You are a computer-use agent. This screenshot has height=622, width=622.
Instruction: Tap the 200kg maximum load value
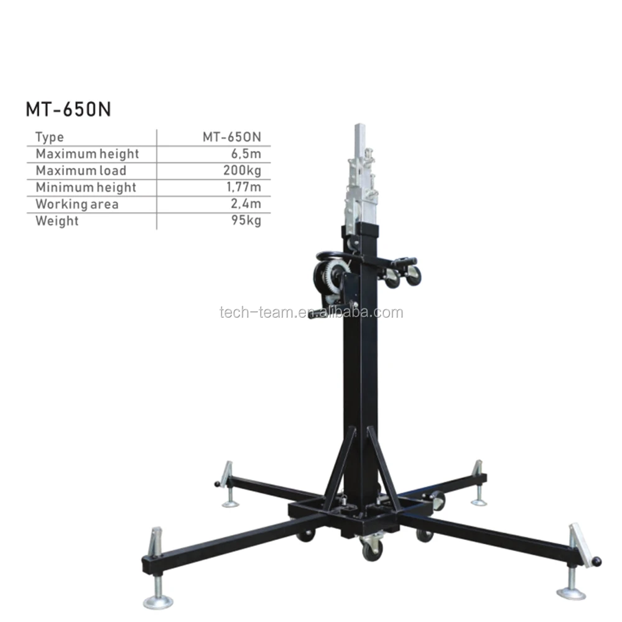click(x=243, y=170)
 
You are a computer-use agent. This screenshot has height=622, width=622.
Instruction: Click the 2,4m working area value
click(x=247, y=204)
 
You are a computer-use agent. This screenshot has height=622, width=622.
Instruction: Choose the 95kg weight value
click(x=246, y=221)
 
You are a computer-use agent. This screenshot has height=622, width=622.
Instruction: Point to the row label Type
click(x=49, y=137)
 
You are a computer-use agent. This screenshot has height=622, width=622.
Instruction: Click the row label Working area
click(x=77, y=204)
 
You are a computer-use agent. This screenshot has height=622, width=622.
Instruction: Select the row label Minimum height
click(x=85, y=187)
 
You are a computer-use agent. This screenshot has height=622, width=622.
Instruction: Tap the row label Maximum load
click(x=81, y=170)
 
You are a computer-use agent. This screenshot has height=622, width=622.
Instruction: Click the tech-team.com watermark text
click(x=311, y=312)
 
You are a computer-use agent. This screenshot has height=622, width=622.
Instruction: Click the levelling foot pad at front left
click(x=158, y=601)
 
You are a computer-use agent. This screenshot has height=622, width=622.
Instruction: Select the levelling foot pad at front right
click(x=570, y=592)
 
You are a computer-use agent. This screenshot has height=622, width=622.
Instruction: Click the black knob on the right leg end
click(x=597, y=562)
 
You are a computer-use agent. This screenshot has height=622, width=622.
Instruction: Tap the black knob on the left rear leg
click(x=218, y=484)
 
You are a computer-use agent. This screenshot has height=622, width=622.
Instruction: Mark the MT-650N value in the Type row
click(x=231, y=137)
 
